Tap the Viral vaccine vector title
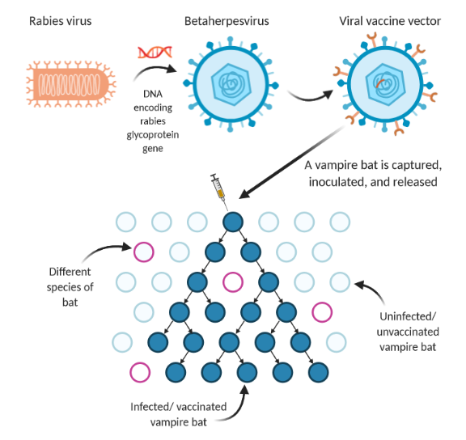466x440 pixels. pos(389,20)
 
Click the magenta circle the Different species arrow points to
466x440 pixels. pos(144,252)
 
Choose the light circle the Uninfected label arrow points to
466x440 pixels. pos(340,281)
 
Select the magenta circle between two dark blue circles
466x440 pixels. pos(233,281)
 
